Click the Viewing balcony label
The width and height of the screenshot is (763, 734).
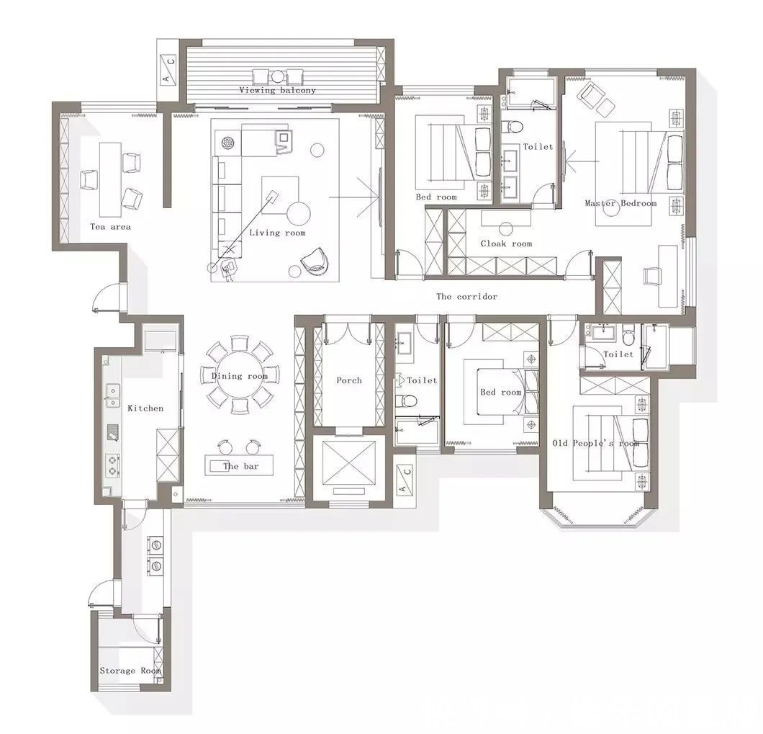[277, 90]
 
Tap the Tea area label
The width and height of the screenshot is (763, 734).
[110, 226]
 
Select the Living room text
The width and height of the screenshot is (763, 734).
[277, 233]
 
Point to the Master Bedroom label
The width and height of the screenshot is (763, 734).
[620, 203]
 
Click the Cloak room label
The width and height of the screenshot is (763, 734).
[506, 243]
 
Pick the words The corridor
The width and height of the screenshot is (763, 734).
[466, 296]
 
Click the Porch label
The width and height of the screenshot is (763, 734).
[349, 380]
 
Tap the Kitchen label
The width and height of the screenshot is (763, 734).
[145, 408]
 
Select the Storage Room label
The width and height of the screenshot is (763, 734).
[130, 671]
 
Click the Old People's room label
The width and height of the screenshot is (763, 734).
[595, 443]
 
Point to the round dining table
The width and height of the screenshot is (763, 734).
[240, 375]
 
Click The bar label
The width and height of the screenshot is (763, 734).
[241, 466]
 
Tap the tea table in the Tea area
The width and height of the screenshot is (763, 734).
[110, 180]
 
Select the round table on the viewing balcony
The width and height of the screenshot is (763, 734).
[277, 76]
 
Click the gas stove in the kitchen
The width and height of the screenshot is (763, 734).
[112, 465]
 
